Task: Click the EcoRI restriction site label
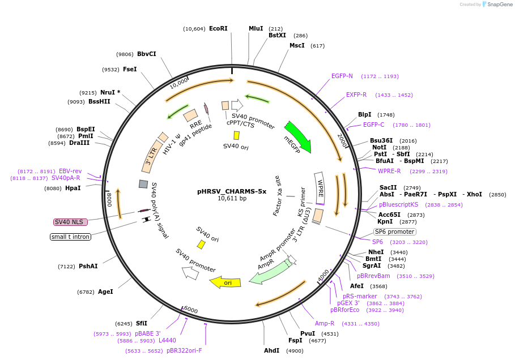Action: (x=218, y=28)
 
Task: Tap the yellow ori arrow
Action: (x=225, y=282)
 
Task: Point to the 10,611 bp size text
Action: (x=232, y=199)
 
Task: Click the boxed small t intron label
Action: (x=71, y=237)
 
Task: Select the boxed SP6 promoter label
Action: (x=395, y=232)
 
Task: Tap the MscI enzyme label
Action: (x=297, y=45)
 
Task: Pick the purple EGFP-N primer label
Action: (x=342, y=76)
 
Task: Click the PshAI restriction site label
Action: (x=88, y=266)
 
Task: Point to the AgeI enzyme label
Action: (x=105, y=292)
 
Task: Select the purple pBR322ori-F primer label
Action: (x=184, y=350)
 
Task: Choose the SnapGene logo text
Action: (x=498, y=5)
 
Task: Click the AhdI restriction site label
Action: (x=272, y=350)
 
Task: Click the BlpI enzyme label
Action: (x=365, y=114)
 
